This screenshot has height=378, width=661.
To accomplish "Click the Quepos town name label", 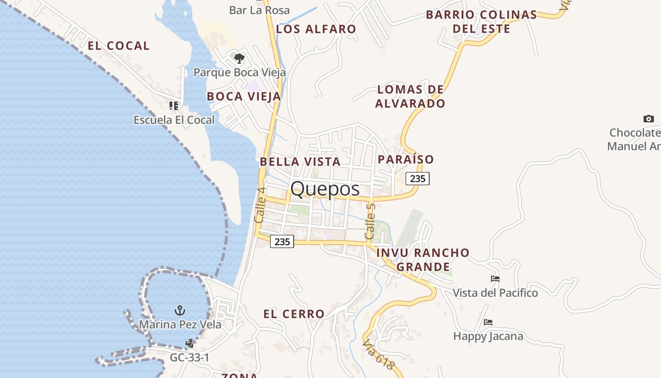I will [x=325, y=189].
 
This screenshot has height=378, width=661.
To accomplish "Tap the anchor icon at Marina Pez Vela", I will [x=179, y=310].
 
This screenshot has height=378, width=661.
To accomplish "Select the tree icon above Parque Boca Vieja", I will [x=239, y=59].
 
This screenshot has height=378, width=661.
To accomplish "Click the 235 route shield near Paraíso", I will [x=418, y=178].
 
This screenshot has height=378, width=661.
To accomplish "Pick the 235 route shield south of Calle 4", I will [x=282, y=241].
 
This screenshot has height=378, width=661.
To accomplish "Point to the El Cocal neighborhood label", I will [x=119, y=46].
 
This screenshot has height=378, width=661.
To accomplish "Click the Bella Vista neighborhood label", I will [x=300, y=162].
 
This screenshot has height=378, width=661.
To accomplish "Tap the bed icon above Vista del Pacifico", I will [x=495, y=279].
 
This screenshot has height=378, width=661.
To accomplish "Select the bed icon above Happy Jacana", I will [x=488, y=322].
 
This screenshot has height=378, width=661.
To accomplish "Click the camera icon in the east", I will [x=649, y=119].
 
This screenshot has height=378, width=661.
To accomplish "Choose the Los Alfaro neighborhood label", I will [x=316, y=29].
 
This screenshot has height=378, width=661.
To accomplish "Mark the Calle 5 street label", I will [x=370, y=221].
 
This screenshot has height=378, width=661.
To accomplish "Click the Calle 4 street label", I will [x=260, y=205].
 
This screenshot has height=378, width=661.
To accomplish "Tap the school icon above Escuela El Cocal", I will [x=174, y=105].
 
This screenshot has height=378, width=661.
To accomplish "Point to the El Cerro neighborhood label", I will [x=294, y=314].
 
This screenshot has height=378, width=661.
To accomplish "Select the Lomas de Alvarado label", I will [x=410, y=96].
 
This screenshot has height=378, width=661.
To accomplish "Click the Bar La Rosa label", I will [x=259, y=10].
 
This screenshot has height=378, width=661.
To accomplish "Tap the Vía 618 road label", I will [x=378, y=354].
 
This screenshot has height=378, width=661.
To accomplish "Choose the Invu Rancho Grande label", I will [x=423, y=259].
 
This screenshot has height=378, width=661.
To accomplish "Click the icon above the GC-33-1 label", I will [x=190, y=344].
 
